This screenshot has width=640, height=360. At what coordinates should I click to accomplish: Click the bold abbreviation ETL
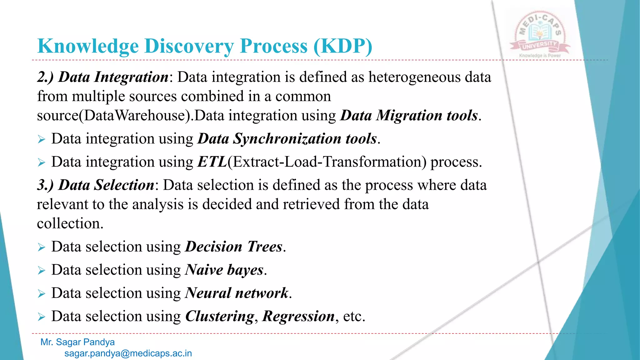(212, 162)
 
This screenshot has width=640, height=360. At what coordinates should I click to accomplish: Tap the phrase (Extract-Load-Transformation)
(327, 162)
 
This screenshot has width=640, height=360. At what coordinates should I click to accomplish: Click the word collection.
(70, 224)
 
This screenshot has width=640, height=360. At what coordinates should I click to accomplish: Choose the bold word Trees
(265, 247)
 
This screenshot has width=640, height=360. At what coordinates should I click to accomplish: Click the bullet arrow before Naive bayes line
(42, 270)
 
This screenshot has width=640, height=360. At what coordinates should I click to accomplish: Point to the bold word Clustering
(220, 316)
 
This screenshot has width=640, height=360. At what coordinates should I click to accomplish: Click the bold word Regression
(298, 316)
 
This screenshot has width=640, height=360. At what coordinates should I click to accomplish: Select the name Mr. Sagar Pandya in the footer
(77, 342)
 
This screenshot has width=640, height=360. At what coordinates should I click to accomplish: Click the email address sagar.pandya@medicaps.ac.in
(128, 353)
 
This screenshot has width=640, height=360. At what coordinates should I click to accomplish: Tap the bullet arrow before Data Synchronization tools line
(42, 139)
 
